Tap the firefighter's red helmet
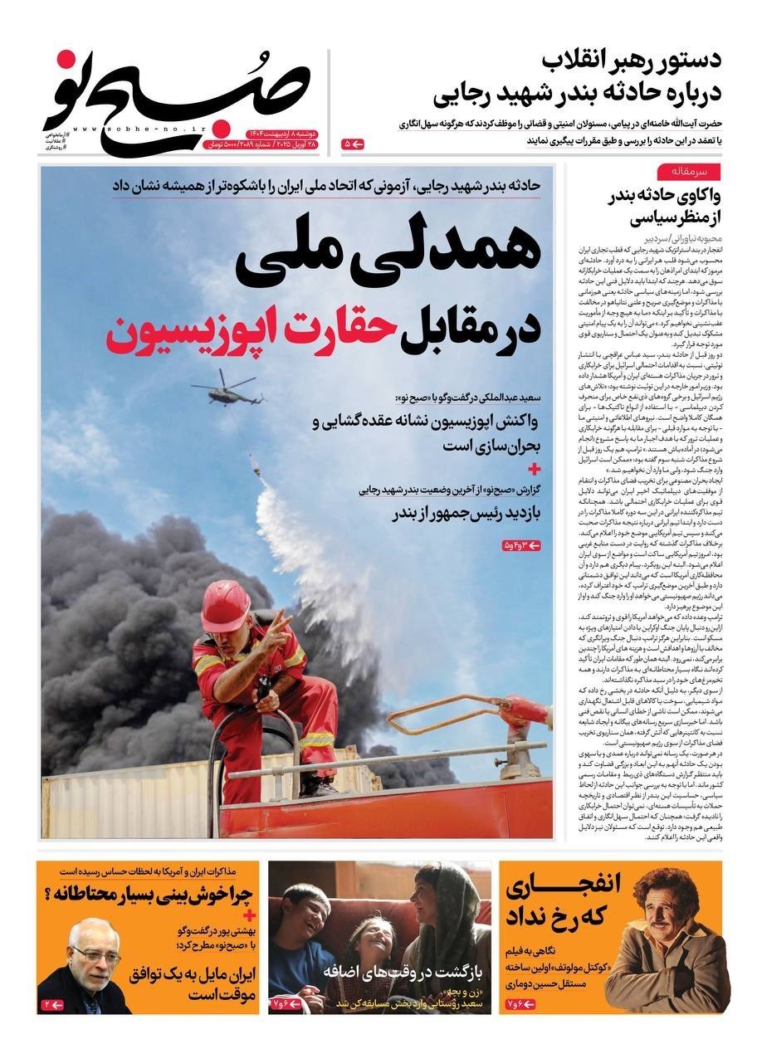(225, 604)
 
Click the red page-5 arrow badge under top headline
(352, 144)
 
